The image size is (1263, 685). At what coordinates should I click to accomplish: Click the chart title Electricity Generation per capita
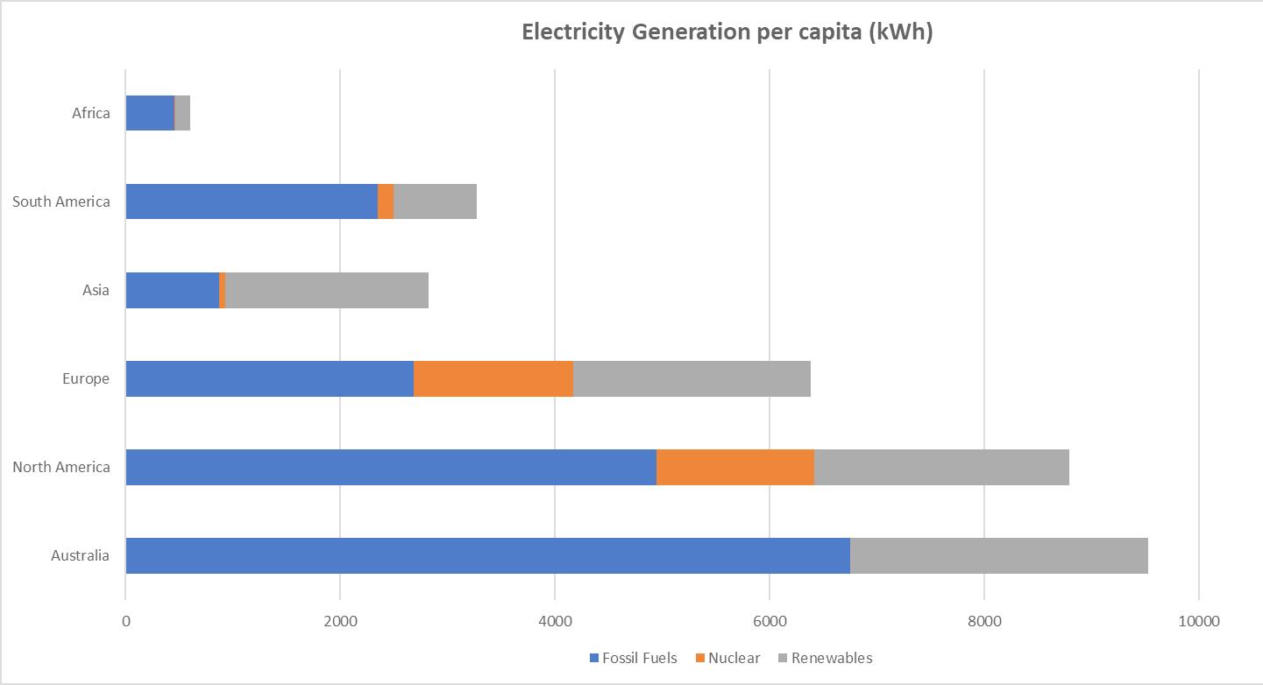(x=727, y=33)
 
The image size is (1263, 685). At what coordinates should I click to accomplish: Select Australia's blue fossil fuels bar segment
(x=487, y=555)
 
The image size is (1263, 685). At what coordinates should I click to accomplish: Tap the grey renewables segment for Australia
(x=998, y=555)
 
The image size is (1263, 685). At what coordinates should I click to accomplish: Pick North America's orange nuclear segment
(x=734, y=467)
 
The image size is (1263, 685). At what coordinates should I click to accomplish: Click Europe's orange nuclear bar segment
(x=493, y=378)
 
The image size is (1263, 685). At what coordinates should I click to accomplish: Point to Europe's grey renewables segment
(x=691, y=378)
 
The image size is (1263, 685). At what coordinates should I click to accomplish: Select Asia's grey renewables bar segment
(x=326, y=290)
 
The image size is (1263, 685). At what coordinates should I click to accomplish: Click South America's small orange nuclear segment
(x=386, y=201)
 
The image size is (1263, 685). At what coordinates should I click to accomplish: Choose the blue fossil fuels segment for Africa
(x=150, y=113)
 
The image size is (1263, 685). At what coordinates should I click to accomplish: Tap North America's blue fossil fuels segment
(x=391, y=467)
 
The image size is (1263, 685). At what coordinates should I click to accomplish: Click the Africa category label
(x=91, y=113)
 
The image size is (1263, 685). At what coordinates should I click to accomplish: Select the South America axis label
(x=61, y=201)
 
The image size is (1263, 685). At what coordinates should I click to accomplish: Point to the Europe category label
(x=86, y=378)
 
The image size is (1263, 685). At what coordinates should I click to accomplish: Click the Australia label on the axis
(x=80, y=555)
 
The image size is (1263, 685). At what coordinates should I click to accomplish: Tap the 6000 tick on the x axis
(x=769, y=622)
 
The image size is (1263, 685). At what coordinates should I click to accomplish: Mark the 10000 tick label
(x=1198, y=622)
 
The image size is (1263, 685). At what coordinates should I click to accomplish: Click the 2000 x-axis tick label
(x=340, y=622)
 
